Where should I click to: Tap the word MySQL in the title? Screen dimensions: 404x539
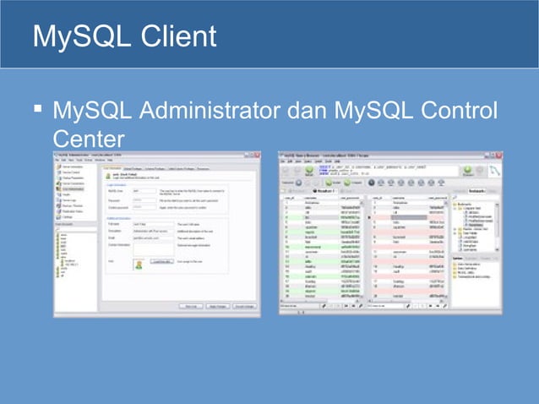[x=72, y=36]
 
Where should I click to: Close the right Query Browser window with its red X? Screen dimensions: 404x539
[x=498, y=156]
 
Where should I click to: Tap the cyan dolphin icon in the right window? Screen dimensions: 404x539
[x=495, y=169]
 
